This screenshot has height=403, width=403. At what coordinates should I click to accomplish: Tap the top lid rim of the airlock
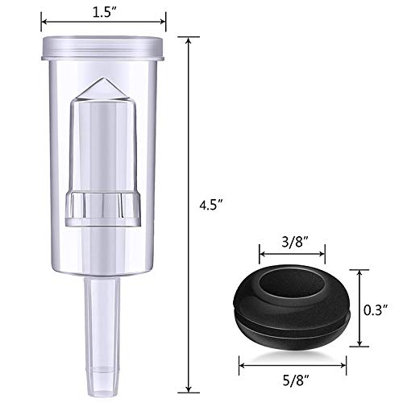point(103,49)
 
